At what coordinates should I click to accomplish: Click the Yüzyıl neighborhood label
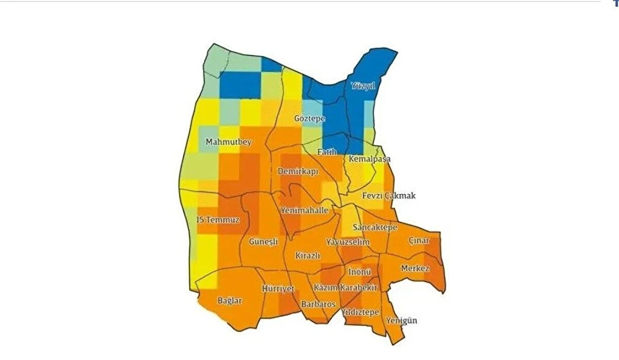coord(362,86)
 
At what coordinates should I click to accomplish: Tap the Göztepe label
coord(309,119)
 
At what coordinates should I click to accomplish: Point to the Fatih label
coord(327,152)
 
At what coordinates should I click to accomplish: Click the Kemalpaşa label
coord(369,159)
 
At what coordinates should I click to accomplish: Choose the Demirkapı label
coord(298,171)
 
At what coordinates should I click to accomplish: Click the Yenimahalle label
coord(304,210)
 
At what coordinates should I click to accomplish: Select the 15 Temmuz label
coord(219,220)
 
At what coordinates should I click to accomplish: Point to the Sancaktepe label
coord(375,227)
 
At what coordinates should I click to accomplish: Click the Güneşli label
coord(263,241)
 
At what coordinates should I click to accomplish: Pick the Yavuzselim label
coord(348,242)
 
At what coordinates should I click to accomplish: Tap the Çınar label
coord(419,241)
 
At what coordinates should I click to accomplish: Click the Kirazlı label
coord(308,256)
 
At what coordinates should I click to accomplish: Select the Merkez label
coord(415,269)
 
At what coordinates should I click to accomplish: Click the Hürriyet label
coord(278,288)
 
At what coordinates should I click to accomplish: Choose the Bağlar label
coord(230,301)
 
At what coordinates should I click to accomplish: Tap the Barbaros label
coord(318,304)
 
